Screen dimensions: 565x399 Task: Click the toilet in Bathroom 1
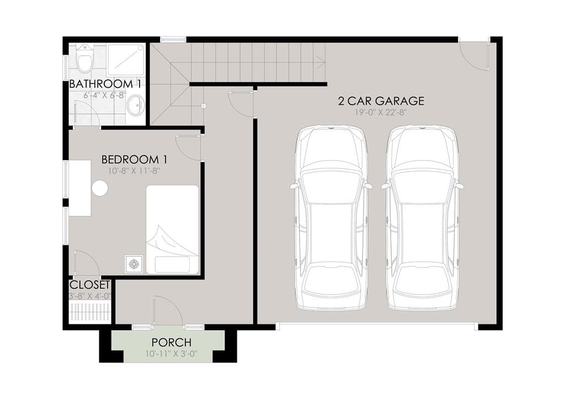point(86,58)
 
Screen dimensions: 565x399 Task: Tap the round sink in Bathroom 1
point(135,105)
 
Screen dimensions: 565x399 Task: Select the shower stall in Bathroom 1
point(126,60)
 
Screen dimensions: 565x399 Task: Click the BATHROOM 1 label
point(105,84)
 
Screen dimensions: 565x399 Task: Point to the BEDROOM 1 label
point(134,159)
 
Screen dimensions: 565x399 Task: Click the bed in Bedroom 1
point(172,230)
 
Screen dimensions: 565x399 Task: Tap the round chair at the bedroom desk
point(100,188)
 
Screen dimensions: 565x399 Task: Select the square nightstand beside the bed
point(134,264)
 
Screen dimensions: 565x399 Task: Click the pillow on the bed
point(172,264)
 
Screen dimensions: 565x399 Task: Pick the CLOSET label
point(90,285)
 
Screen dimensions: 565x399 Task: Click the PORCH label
point(172,342)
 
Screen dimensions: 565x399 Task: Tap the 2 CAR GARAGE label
point(381,101)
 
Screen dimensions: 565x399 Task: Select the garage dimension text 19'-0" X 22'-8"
point(381,113)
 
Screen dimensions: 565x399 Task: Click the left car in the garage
point(331,217)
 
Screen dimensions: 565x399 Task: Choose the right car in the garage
point(422,217)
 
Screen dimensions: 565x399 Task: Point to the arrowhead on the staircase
point(322,62)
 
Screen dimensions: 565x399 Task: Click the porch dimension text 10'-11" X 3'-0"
point(172,354)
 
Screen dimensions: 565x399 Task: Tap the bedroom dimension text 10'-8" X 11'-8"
point(134,171)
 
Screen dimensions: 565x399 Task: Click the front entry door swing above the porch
point(168,311)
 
